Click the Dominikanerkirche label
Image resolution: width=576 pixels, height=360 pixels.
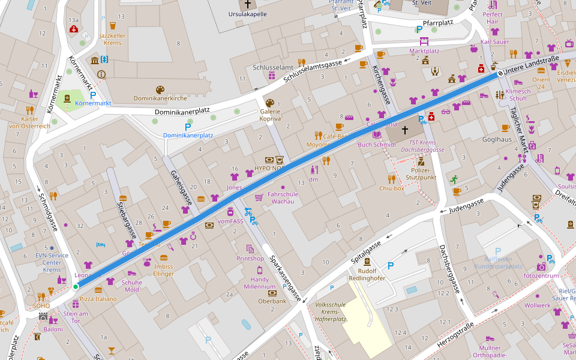tap(161, 98)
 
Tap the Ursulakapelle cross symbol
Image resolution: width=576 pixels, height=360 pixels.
tap(247, 4)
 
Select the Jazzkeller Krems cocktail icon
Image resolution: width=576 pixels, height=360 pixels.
tap(112, 26)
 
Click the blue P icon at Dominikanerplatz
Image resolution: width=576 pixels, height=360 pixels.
tap(188, 127)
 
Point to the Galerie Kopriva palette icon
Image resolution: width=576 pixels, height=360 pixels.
tap(269, 103)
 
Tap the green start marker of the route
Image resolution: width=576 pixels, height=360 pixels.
tap(76, 287)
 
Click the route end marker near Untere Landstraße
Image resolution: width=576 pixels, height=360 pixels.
tap(500, 74)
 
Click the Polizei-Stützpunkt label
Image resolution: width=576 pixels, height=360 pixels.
tap(421, 174)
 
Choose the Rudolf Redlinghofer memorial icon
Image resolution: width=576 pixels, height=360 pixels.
tap(367, 262)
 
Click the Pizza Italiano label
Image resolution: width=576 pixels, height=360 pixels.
tap(98, 299)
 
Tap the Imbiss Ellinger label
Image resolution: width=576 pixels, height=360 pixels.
tap(163, 271)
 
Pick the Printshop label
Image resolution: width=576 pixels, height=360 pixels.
tap(250, 259)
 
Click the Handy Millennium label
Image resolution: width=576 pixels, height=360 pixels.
tap(259, 283)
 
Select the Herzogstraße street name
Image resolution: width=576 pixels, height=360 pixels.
tap(454, 335)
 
